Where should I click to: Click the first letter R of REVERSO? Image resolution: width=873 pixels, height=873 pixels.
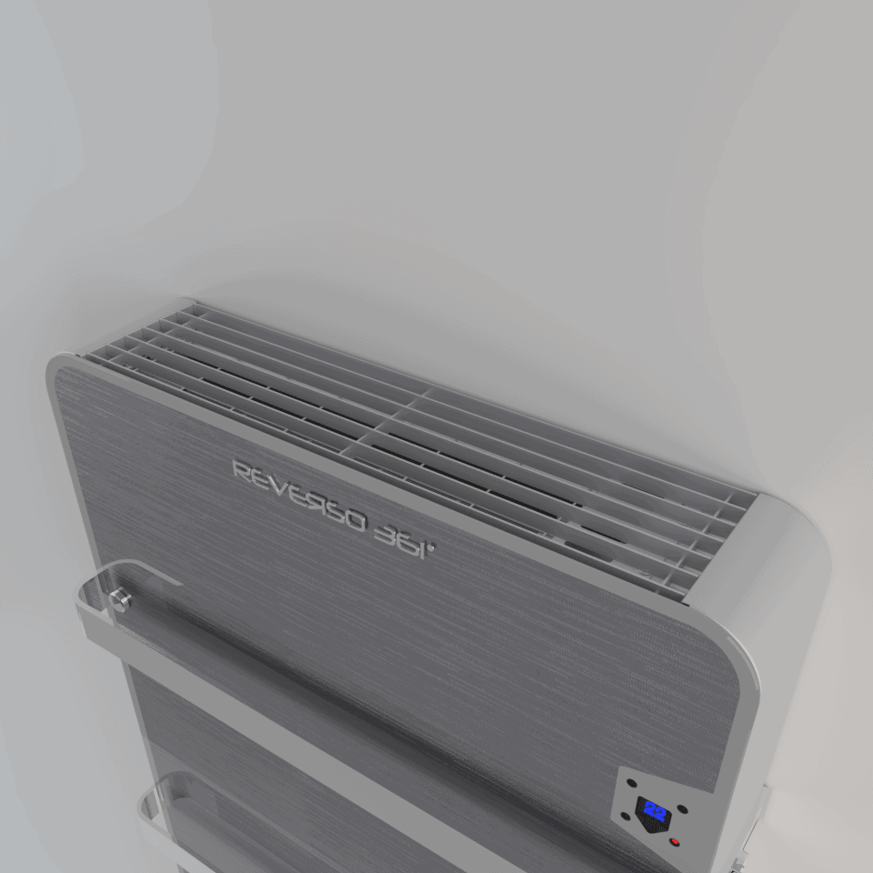[243, 471]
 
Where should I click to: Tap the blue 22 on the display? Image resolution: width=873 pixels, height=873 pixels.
[656, 809]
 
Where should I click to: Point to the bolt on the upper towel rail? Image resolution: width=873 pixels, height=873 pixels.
[118, 600]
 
